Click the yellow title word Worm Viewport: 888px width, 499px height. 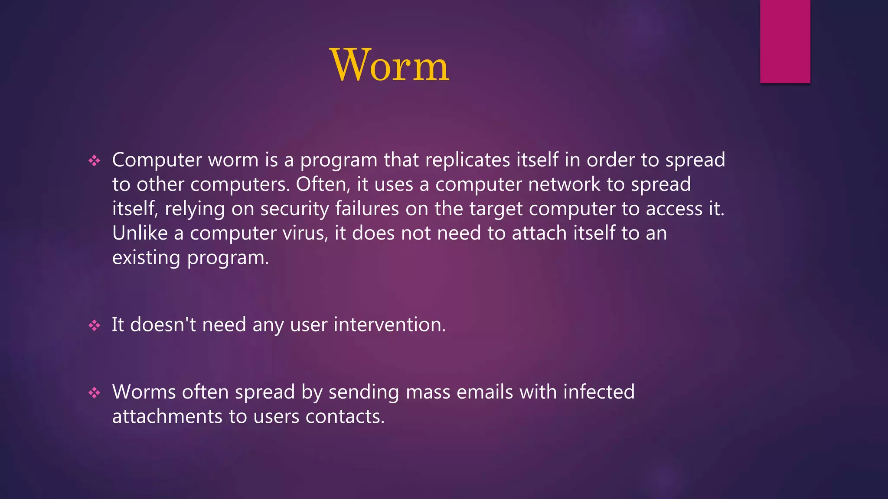click(x=389, y=65)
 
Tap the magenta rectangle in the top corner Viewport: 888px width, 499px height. click(x=785, y=41)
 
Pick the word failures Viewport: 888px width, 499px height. click(x=367, y=209)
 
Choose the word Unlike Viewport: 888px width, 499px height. click(x=140, y=233)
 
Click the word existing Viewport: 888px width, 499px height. click(x=146, y=258)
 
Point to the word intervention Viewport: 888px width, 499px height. click(x=389, y=324)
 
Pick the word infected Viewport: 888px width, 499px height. click(x=599, y=392)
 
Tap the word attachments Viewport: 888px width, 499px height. click(x=167, y=417)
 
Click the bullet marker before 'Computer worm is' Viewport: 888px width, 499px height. click(x=94, y=161)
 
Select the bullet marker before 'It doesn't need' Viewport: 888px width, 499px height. click(x=94, y=325)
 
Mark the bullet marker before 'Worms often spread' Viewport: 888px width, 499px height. click(x=94, y=393)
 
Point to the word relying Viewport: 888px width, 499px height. click(x=195, y=209)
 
